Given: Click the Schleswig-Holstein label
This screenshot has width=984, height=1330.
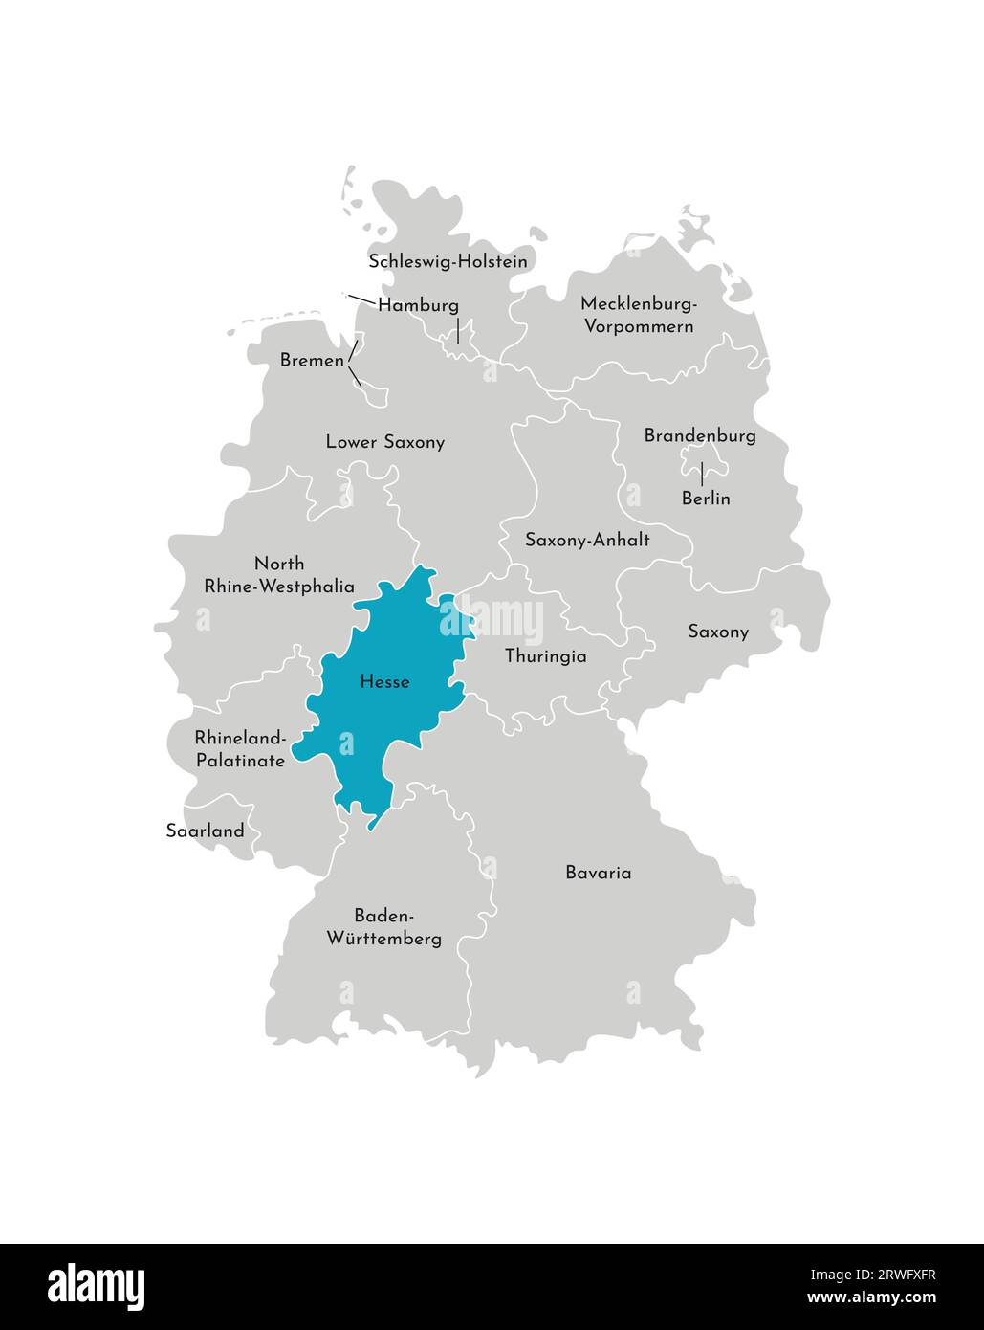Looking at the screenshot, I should [x=448, y=261].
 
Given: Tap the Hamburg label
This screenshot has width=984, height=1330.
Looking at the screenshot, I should [x=418, y=305].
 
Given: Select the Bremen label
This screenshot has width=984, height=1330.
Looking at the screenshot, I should [x=312, y=361].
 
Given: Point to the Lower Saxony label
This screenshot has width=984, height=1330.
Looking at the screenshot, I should [x=384, y=442].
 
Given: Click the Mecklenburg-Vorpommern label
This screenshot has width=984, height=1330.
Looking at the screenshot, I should [x=639, y=315].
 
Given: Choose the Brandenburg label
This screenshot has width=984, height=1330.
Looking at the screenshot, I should [x=700, y=435].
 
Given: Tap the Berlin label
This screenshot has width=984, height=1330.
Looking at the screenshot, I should [x=706, y=499].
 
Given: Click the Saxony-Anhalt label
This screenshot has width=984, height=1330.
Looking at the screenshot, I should [x=587, y=540].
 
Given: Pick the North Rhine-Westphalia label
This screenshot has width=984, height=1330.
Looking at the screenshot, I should [x=279, y=575].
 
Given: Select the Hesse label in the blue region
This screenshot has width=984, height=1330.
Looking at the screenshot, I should [x=384, y=682].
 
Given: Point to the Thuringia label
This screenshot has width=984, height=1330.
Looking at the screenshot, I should [x=545, y=656].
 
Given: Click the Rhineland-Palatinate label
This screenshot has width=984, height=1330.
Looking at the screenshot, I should [x=240, y=749].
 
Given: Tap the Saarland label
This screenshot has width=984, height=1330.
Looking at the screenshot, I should [x=205, y=831].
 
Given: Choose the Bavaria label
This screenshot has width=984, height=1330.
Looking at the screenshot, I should [x=598, y=873].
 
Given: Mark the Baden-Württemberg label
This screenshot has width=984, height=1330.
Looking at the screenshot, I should [x=384, y=926].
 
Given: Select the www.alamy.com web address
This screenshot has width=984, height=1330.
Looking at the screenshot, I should [x=871, y=1298].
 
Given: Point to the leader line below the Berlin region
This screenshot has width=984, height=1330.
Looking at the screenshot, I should [x=703, y=475].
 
